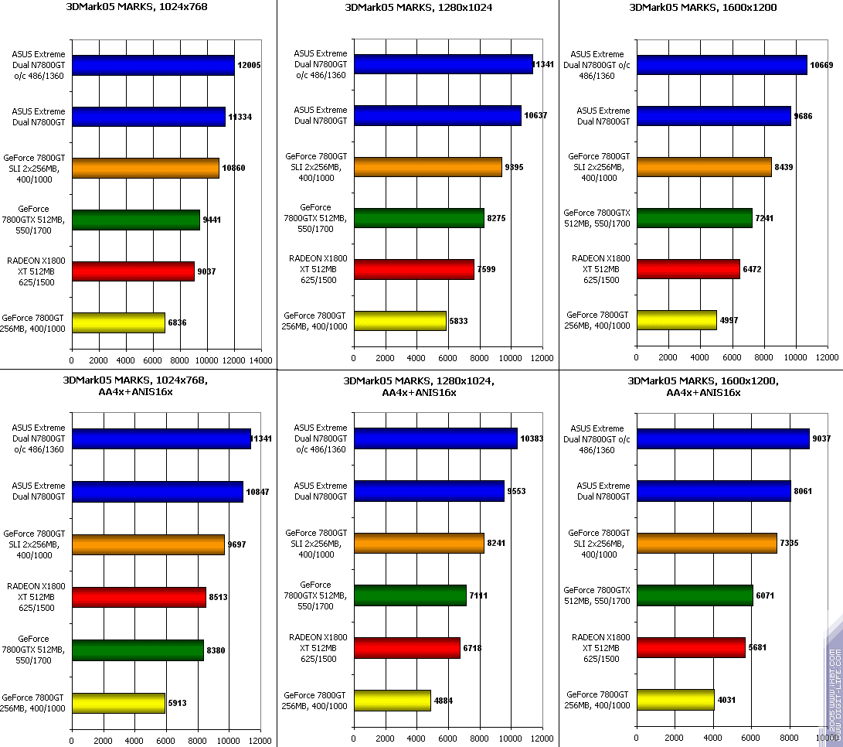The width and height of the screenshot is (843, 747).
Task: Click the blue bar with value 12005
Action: (153, 66)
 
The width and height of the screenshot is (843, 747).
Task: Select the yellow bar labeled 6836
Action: (118, 322)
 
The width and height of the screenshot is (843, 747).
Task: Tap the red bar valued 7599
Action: (414, 269)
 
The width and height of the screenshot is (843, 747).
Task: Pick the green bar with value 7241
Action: (694, 218)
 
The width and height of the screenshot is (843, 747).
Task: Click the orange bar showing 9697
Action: (148, 544)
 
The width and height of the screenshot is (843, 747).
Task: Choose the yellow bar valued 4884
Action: (393, 701)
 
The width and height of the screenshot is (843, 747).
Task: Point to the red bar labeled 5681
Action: (692, 648)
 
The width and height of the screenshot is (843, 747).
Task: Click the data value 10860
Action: (234, 168)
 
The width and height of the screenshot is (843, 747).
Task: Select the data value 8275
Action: (498, 220)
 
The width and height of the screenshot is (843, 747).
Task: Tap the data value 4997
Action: (731, 321)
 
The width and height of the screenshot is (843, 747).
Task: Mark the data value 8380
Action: (218, 651)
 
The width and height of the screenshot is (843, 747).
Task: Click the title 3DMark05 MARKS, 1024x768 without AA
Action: (138, 8)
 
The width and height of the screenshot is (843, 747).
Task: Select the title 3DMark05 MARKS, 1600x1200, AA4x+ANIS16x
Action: (703, 387)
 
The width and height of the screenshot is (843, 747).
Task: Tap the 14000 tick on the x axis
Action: (260, 360)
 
